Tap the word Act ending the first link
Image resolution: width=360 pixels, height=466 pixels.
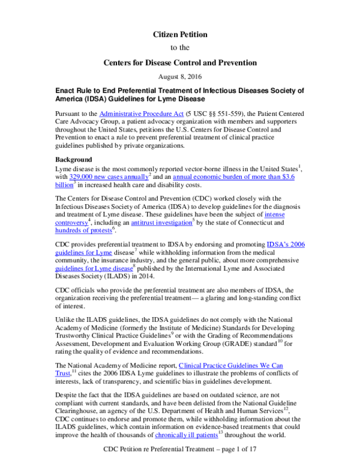point(179,113)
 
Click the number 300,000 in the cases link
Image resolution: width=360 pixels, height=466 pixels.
point(79,177)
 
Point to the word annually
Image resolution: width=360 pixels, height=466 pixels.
point(137,177)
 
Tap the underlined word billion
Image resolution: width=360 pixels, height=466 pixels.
point(64,185)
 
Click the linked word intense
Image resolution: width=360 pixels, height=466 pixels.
point(274,214)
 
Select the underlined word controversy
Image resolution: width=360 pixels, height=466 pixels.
point(71,223)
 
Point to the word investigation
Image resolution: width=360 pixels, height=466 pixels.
point(174,223)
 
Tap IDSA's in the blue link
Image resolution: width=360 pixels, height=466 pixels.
point(277,244)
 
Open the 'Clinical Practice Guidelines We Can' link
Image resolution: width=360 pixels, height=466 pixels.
point(230,365)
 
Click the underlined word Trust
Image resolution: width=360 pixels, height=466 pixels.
point(62,374)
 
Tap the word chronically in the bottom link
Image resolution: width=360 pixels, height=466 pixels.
point(170,435)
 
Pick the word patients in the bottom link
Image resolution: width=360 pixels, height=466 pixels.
point(207,435)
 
